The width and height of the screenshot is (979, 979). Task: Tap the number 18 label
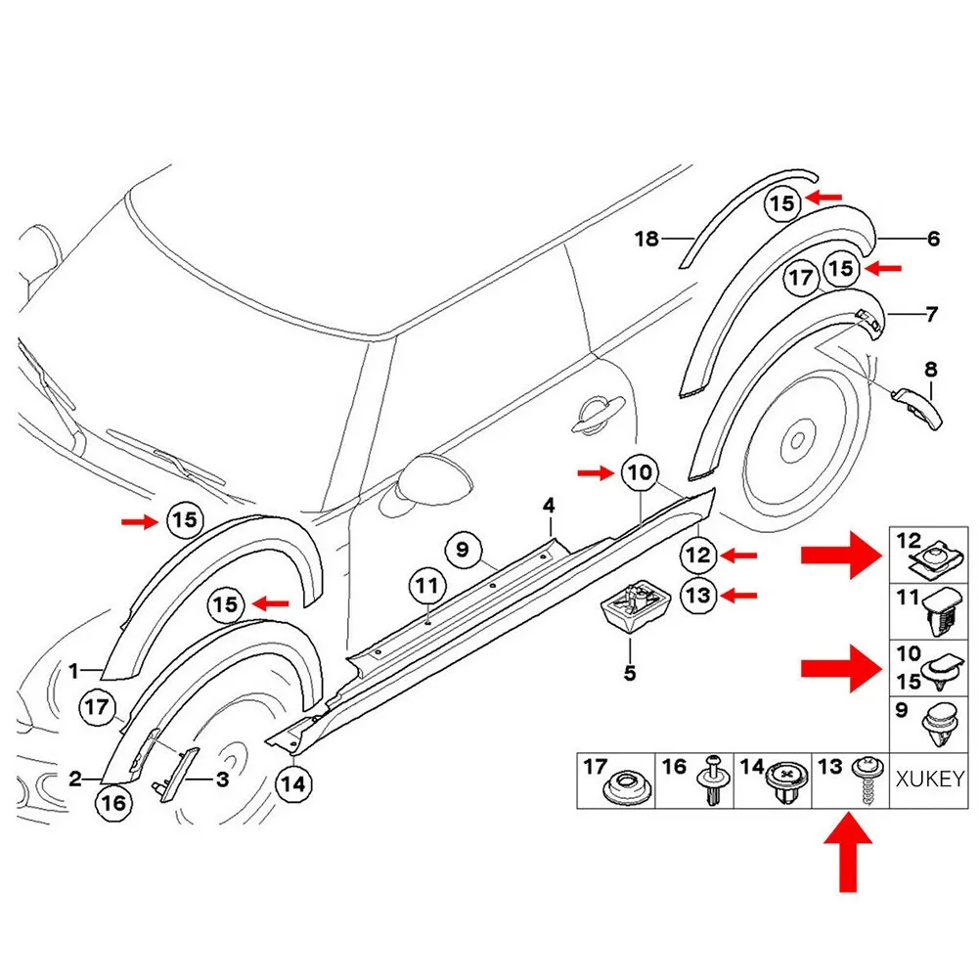pos(646,238)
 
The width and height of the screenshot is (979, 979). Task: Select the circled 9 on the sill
pos(463,549)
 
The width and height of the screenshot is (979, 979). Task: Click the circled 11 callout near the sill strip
pos(425,588)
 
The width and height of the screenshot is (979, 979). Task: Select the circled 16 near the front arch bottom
pos(112,803)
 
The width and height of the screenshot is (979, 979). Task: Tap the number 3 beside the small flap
pos(222,779)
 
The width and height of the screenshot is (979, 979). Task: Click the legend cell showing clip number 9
pos(933,724)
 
